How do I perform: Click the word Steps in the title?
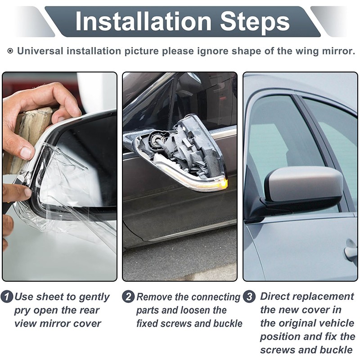click(x=255, y=22)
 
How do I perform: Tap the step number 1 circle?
click(x=7, y=297)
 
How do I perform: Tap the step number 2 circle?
click(x=129, y=297)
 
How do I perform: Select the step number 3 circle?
click(x=249, y=297)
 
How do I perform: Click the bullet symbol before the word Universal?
click(x=10, y=51)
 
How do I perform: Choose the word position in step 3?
click(x=279, y=337)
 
